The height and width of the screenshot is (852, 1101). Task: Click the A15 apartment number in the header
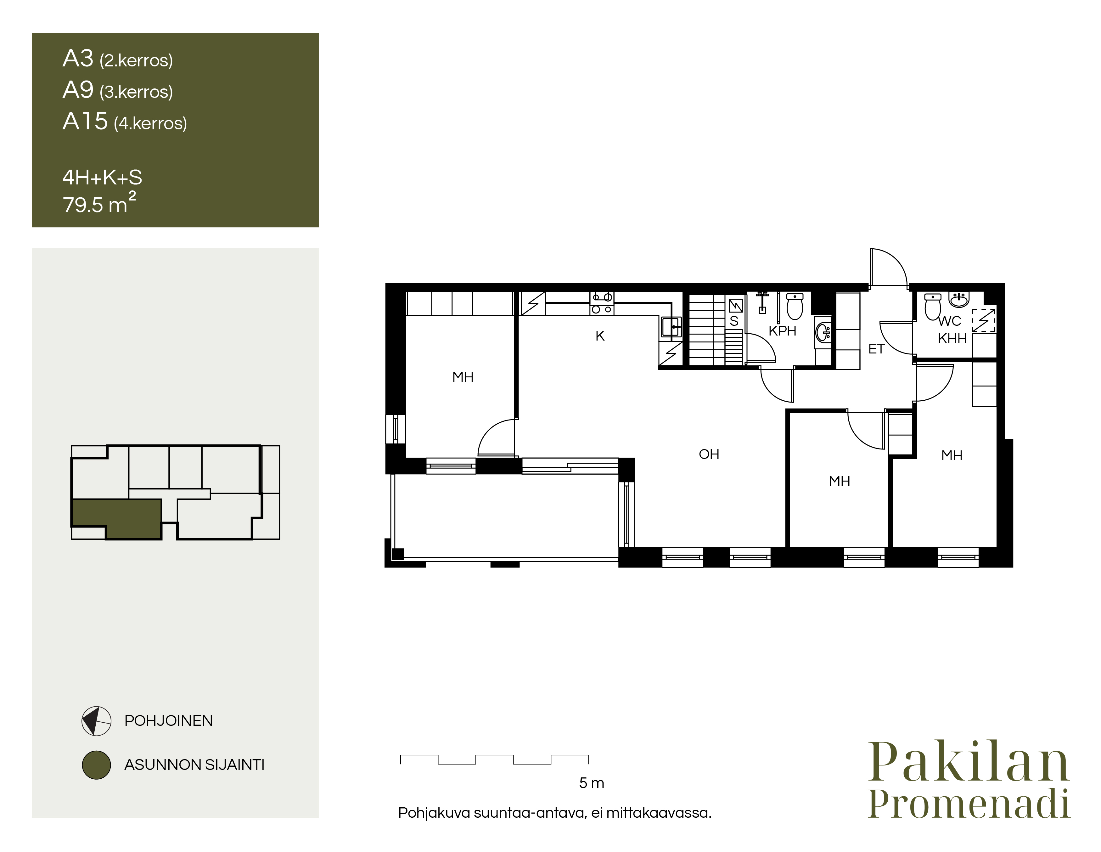pos(85,121)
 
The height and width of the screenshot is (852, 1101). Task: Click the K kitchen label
pos(600,336)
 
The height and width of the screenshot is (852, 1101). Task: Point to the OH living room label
pos(709,454)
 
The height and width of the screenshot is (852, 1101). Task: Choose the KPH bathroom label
pos(782,331)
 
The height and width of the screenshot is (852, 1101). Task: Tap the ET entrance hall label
pos(876,349)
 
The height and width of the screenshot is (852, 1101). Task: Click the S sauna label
pos(734,321)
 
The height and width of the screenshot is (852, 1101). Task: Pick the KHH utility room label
pos(952,338)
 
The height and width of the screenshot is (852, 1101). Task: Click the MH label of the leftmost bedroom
pos(463,377)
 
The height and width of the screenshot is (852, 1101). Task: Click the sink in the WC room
pos(959,299)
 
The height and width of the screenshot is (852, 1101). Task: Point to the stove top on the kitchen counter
pos(602,303)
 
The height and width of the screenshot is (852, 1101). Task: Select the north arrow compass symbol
pos(96,721)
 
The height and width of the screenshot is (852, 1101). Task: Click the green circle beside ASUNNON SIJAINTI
pos(96,765)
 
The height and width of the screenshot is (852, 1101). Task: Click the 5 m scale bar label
pos(591,783)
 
